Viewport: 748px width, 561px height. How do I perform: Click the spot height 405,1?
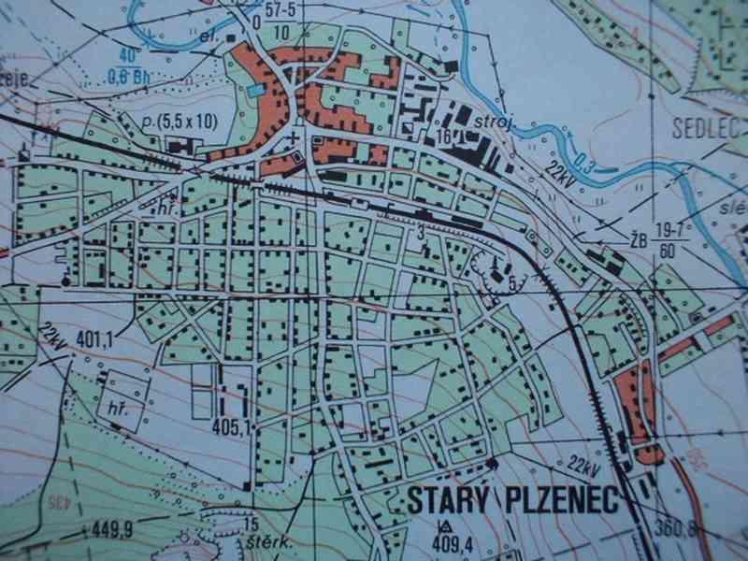233,428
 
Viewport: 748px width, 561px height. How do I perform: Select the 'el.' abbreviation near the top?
209,38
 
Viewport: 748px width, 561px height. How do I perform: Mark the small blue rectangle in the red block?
256,91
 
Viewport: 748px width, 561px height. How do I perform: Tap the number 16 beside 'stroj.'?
443,137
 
